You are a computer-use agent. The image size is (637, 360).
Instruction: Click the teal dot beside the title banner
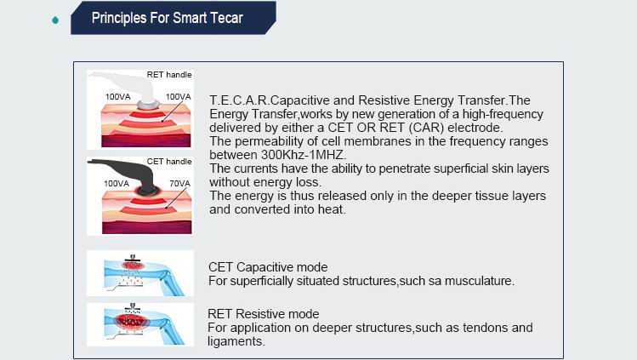click(55, 20)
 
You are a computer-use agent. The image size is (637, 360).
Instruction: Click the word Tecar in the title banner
click(226, 18)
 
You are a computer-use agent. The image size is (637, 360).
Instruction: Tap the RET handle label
click(169, 75)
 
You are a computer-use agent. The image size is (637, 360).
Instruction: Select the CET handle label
click(169, 162)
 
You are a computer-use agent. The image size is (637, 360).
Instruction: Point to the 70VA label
click(179, 183)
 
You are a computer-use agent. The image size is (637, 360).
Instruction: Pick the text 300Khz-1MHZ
click(303, 155)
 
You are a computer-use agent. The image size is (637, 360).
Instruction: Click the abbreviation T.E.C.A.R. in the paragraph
click(239, 100)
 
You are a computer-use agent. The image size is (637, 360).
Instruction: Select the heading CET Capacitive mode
click(268, 267)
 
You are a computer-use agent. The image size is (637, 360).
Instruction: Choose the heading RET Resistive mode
click(264, 314)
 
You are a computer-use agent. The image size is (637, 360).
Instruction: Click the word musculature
click(480, 281)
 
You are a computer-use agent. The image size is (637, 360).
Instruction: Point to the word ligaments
click(236, 341)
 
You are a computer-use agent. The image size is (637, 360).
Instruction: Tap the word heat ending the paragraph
click(333, 209)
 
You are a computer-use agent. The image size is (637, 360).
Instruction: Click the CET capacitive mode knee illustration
click(140, 273)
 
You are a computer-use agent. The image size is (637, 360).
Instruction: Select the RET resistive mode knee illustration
click(140, 324)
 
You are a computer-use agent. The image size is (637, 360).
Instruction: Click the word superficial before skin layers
click(458, 169)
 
